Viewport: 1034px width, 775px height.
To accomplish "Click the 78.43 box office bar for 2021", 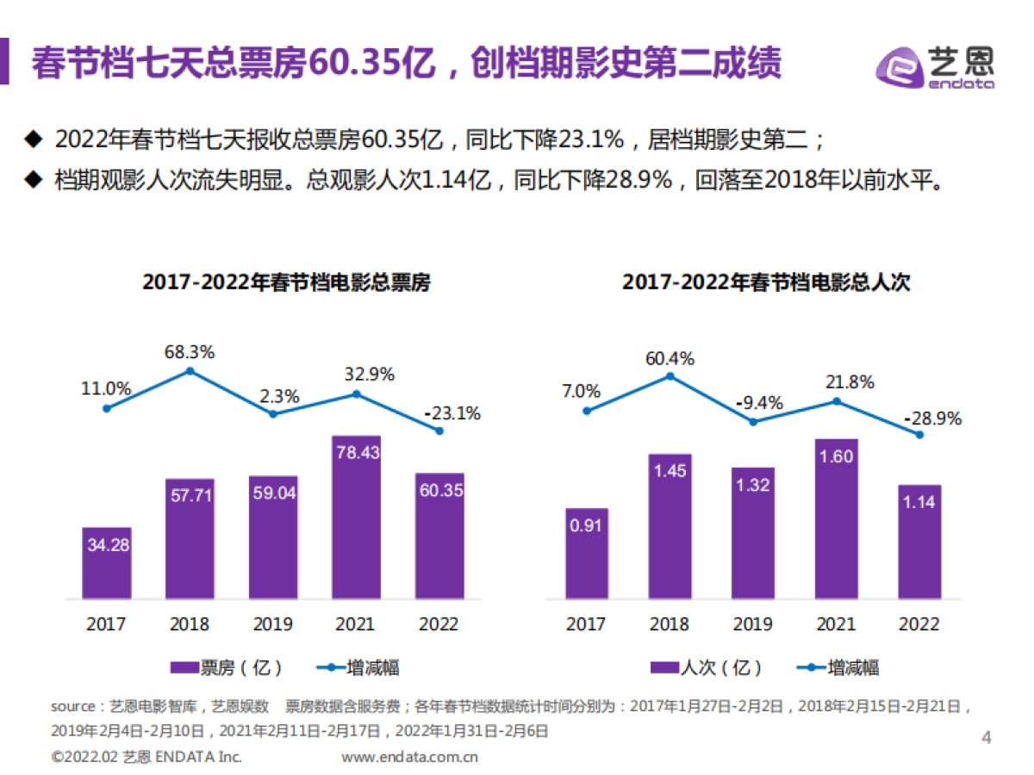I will pos(357,517).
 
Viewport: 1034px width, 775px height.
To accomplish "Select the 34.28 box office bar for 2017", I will pos(107,563).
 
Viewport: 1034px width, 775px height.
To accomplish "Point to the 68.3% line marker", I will pos(190,371).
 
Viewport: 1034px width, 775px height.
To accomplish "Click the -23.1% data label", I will pos(452,413).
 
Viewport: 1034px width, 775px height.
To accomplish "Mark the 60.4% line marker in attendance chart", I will pos(670,376).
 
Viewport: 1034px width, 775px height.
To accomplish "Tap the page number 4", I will pos(987,737).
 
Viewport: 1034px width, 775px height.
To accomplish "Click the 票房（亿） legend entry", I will pos(227,667).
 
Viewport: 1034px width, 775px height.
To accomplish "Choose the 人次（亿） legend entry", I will pos(707,667).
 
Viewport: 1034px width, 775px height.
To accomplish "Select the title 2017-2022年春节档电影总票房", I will pos(286,282).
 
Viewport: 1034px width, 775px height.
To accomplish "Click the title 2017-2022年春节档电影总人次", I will pos(766,282).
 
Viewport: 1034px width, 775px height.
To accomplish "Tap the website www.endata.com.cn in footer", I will pos(409,757).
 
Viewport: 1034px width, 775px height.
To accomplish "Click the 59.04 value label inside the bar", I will pos(273,494).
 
